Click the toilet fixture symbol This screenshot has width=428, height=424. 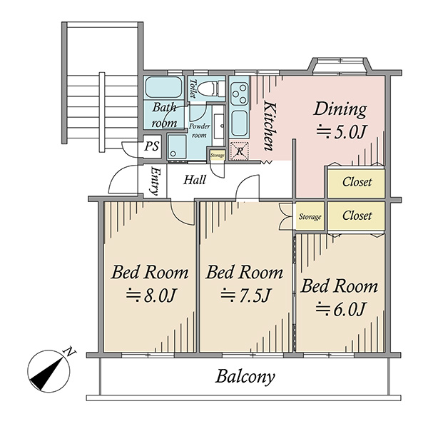(208, 89)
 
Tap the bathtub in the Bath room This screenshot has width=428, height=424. (164, 87)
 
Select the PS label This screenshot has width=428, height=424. (152, 146)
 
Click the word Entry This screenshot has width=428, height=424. (155, 181)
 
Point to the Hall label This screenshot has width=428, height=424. (195, 180)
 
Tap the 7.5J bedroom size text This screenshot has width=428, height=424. (245, 296)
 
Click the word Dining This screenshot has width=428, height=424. (340, 109)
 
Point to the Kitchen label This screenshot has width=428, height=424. (269, 126)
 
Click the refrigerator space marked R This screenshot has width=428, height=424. (240, 151)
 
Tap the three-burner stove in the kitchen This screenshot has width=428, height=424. (240, 94)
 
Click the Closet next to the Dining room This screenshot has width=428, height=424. (357, 182)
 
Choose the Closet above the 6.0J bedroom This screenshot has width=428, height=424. (357, 216)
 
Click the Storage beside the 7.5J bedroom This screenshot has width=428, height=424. (310, 217)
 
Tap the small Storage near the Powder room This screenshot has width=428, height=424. (218, 156)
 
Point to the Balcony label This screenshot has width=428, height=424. (245, 377)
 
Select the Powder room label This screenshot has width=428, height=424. (200, 131)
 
